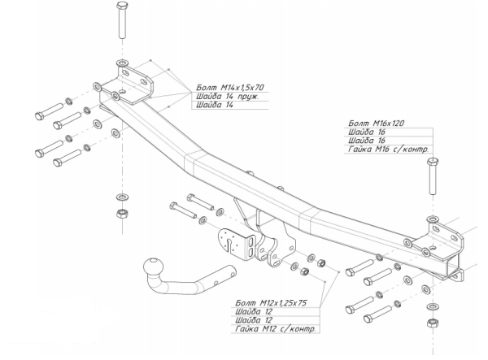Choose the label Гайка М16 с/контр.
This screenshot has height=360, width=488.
point(387,149)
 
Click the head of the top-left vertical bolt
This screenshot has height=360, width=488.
point(121,8)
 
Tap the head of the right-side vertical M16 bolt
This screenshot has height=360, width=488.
point(430,164)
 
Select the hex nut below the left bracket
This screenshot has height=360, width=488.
point(121,214)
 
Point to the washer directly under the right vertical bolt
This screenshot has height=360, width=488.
point(431,220)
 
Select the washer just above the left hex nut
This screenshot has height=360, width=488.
point(121,197)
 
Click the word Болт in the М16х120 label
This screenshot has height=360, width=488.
point(355,122)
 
